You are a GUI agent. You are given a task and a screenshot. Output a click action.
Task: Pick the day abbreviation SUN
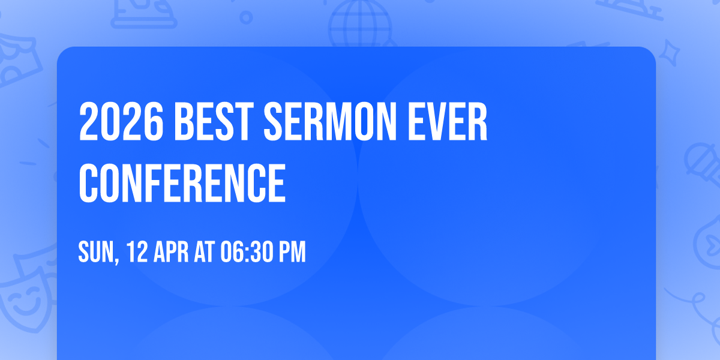[95, 252]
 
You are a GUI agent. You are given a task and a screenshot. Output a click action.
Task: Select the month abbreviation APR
[169, 252]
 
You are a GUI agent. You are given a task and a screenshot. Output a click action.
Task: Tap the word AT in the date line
[204, 252]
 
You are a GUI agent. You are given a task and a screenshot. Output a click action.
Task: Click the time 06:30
[246, 252]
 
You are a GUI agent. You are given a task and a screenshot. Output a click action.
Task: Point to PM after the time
[292, 252]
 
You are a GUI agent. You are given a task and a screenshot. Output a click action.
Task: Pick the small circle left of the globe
[247, 19]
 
